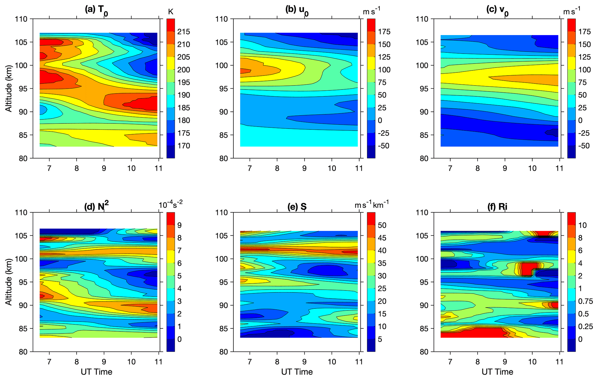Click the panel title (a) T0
tap(96, 10)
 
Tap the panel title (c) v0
tap(497, 10)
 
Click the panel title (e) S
tap(297, 207)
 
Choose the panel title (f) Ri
tap(497, 207)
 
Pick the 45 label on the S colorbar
tap(382, 238)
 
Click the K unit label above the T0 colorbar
tap(170, 12)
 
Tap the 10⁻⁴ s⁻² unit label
tap(170, 204)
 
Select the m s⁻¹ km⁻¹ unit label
tap(371, 204)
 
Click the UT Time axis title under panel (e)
tap(297, 372)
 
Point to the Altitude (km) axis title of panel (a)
tap(9, 89)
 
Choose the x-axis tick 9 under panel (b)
tap(304, 168)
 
